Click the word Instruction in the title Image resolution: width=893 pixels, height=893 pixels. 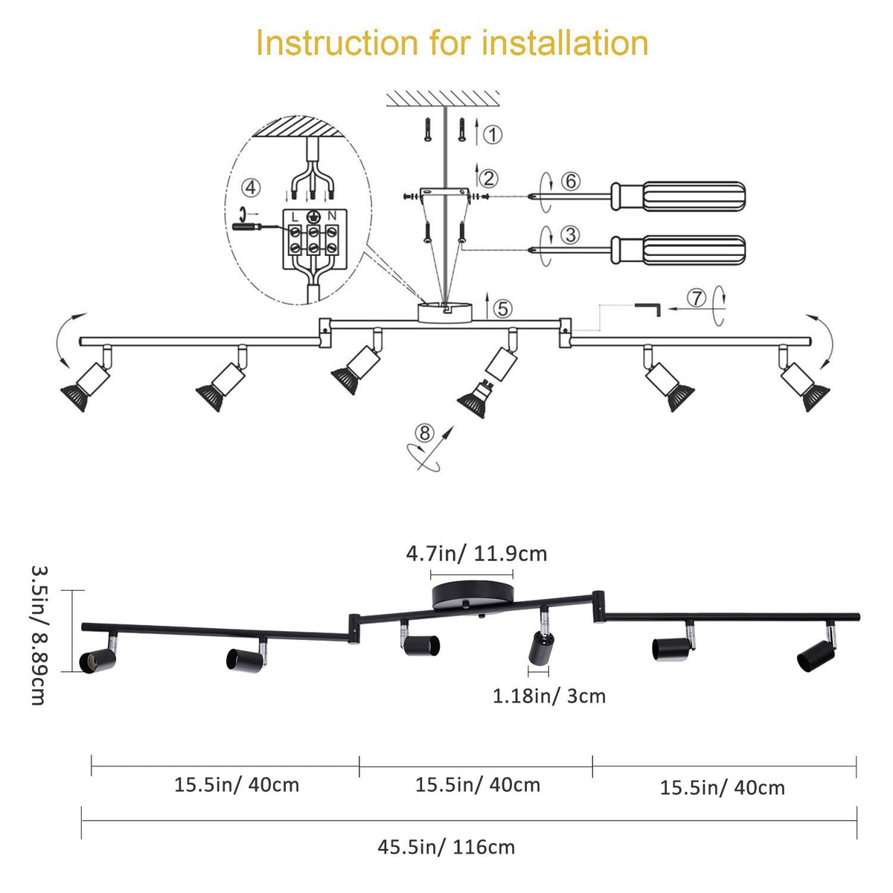pos(337,43)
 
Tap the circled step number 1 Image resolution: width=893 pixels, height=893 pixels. pos(493,135)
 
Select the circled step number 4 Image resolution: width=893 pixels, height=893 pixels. pos(252,188)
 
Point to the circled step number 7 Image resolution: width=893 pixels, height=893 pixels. pos(696,298)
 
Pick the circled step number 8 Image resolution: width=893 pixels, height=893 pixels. pos(424,432)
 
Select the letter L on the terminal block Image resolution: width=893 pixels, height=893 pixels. pos(295,216)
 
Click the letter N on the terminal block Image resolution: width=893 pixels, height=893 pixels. pos(332,216)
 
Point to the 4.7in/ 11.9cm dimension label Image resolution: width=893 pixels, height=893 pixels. pos(476,554)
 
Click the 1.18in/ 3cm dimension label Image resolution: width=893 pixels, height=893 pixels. pos(549,697)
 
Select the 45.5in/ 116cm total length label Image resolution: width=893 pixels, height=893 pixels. pos(446,847)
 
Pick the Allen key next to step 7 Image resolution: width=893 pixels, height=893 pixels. pos(648,307)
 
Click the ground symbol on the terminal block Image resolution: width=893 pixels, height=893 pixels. pos(314,217)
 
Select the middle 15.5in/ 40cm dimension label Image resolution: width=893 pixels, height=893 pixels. pos(478,784)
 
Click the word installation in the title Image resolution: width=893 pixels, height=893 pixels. pos(566,43)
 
